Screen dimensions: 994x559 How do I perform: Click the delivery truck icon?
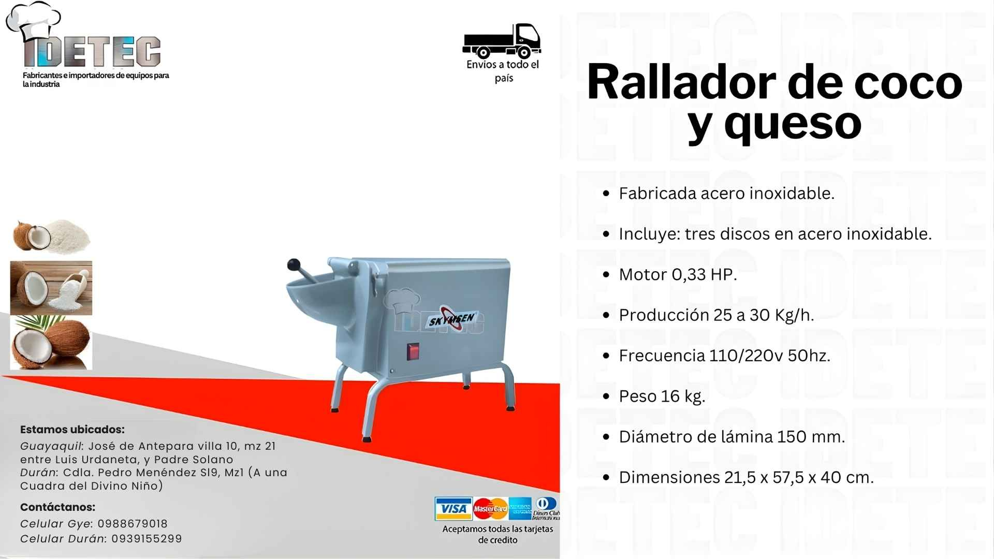coord(501,40)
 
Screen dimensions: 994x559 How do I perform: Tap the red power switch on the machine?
coord(413,351)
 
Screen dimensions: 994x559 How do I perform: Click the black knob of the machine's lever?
coord(294,264)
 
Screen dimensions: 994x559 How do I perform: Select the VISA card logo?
coord(453,509)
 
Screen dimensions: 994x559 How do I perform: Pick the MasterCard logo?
coord(490,509)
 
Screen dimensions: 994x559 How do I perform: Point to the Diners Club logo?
coord(546,508)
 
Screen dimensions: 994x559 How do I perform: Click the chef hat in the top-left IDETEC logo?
coord(34,20)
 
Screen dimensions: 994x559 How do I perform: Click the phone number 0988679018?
coord(133,524)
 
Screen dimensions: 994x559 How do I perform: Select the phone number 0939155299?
coord(147,539)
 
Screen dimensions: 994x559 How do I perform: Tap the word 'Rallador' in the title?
coord(681,82)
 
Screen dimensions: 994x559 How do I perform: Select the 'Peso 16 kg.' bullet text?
coord(662,396)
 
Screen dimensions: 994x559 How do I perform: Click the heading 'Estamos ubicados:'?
coord(72,430)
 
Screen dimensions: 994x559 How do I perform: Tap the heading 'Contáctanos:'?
coord(58,507)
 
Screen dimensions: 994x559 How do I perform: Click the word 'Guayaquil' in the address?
coord(51,446)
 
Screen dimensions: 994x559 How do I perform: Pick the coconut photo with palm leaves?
coord(51,343)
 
